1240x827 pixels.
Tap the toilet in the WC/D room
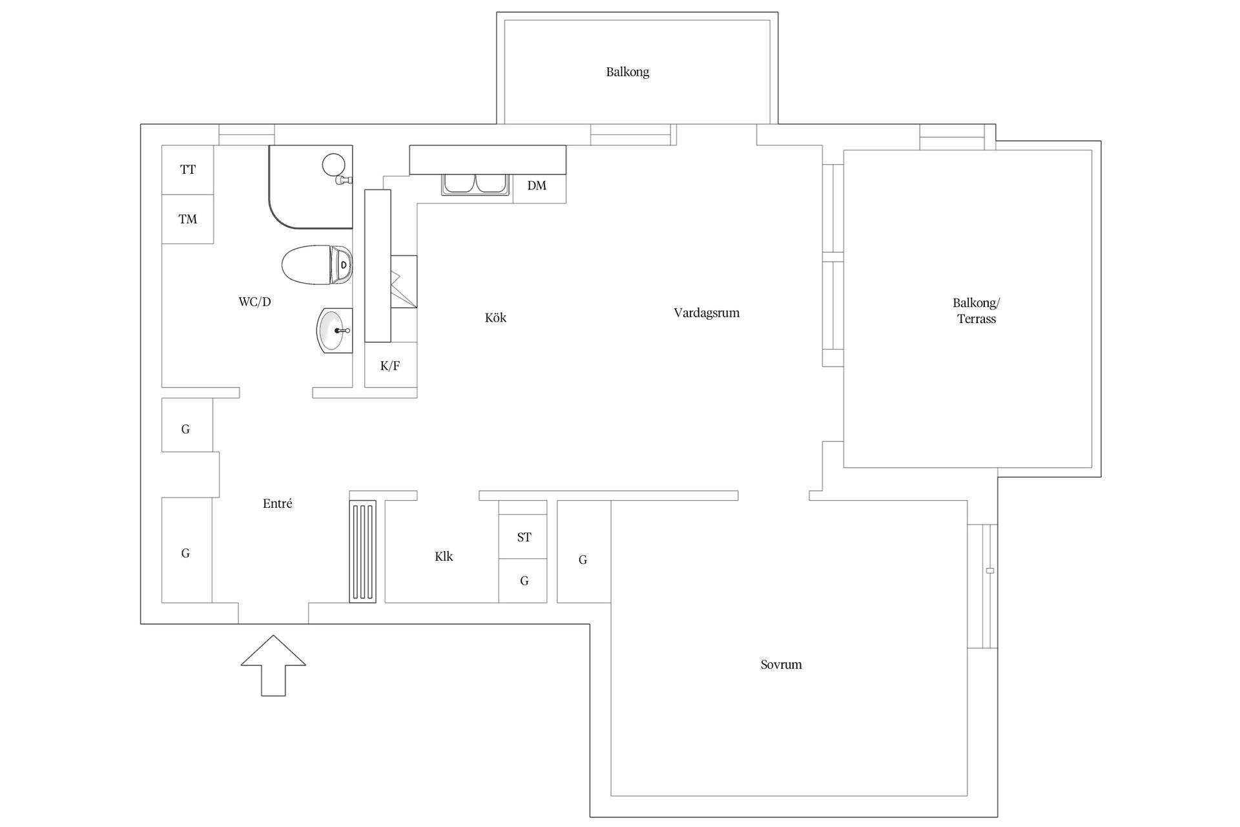pos(317,265)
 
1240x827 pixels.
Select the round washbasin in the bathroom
pos(335,330)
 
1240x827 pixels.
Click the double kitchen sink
pos(475,185)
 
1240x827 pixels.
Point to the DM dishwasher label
pos(537,185)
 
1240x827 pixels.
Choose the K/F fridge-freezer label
pos(390,366)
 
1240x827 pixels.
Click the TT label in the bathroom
pos(188,169)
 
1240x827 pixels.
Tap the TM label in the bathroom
pos(188,219)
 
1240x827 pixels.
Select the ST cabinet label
pos(524,537)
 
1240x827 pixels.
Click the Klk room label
pos(444,556)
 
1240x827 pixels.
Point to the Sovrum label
pos(781,664)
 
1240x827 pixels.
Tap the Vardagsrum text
pos(707,313)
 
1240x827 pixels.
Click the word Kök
pos(495,317)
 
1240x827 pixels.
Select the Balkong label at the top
pos(627,72)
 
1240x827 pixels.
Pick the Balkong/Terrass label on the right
pos(976,311)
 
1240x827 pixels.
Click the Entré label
pos(277,503)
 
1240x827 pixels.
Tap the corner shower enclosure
pos(311,187)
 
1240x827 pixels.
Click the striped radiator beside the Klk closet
pos(362,551)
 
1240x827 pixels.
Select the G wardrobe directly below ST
pos(523,581)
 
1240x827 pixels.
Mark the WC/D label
pos(254,302)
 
